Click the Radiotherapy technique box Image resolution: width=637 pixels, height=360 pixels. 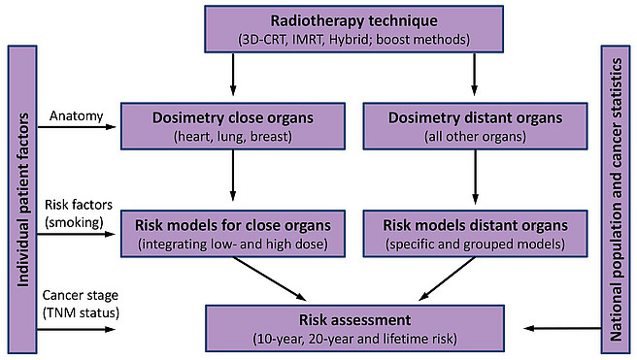(x=353, y=29)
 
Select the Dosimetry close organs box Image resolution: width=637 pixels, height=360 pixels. (x=233, y=126)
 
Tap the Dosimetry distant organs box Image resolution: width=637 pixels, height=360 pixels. (x=475, y=126)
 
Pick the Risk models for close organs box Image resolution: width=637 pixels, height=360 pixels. (x=233, y=234)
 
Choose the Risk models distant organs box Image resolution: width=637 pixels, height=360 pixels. (x=475, y=234)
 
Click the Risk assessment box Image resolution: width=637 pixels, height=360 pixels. (x=354, y=328)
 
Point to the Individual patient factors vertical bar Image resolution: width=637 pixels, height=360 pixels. (x=22, y=199)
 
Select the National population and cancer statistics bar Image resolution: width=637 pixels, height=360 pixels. (x=616, y=199)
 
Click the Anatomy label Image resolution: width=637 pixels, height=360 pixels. (x=77, y=116)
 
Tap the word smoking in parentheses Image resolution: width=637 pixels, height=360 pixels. (x=75, y=222)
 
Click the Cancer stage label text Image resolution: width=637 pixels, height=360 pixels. (x=80, y=295)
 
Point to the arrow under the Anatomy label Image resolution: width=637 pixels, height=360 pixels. (x=77, y=127)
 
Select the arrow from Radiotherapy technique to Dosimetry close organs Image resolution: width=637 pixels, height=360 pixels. (x=233, y=75)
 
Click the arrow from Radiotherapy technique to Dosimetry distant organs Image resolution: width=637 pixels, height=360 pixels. (x=474, y=75)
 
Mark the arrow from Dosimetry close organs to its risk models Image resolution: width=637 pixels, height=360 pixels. (x=233, y=176)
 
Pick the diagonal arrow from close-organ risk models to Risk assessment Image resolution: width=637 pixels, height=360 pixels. (x=269, y=278)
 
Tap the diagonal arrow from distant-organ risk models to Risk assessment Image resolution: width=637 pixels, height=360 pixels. (x=447, y=278)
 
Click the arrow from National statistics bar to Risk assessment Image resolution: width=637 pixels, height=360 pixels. (x=562, y=328)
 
